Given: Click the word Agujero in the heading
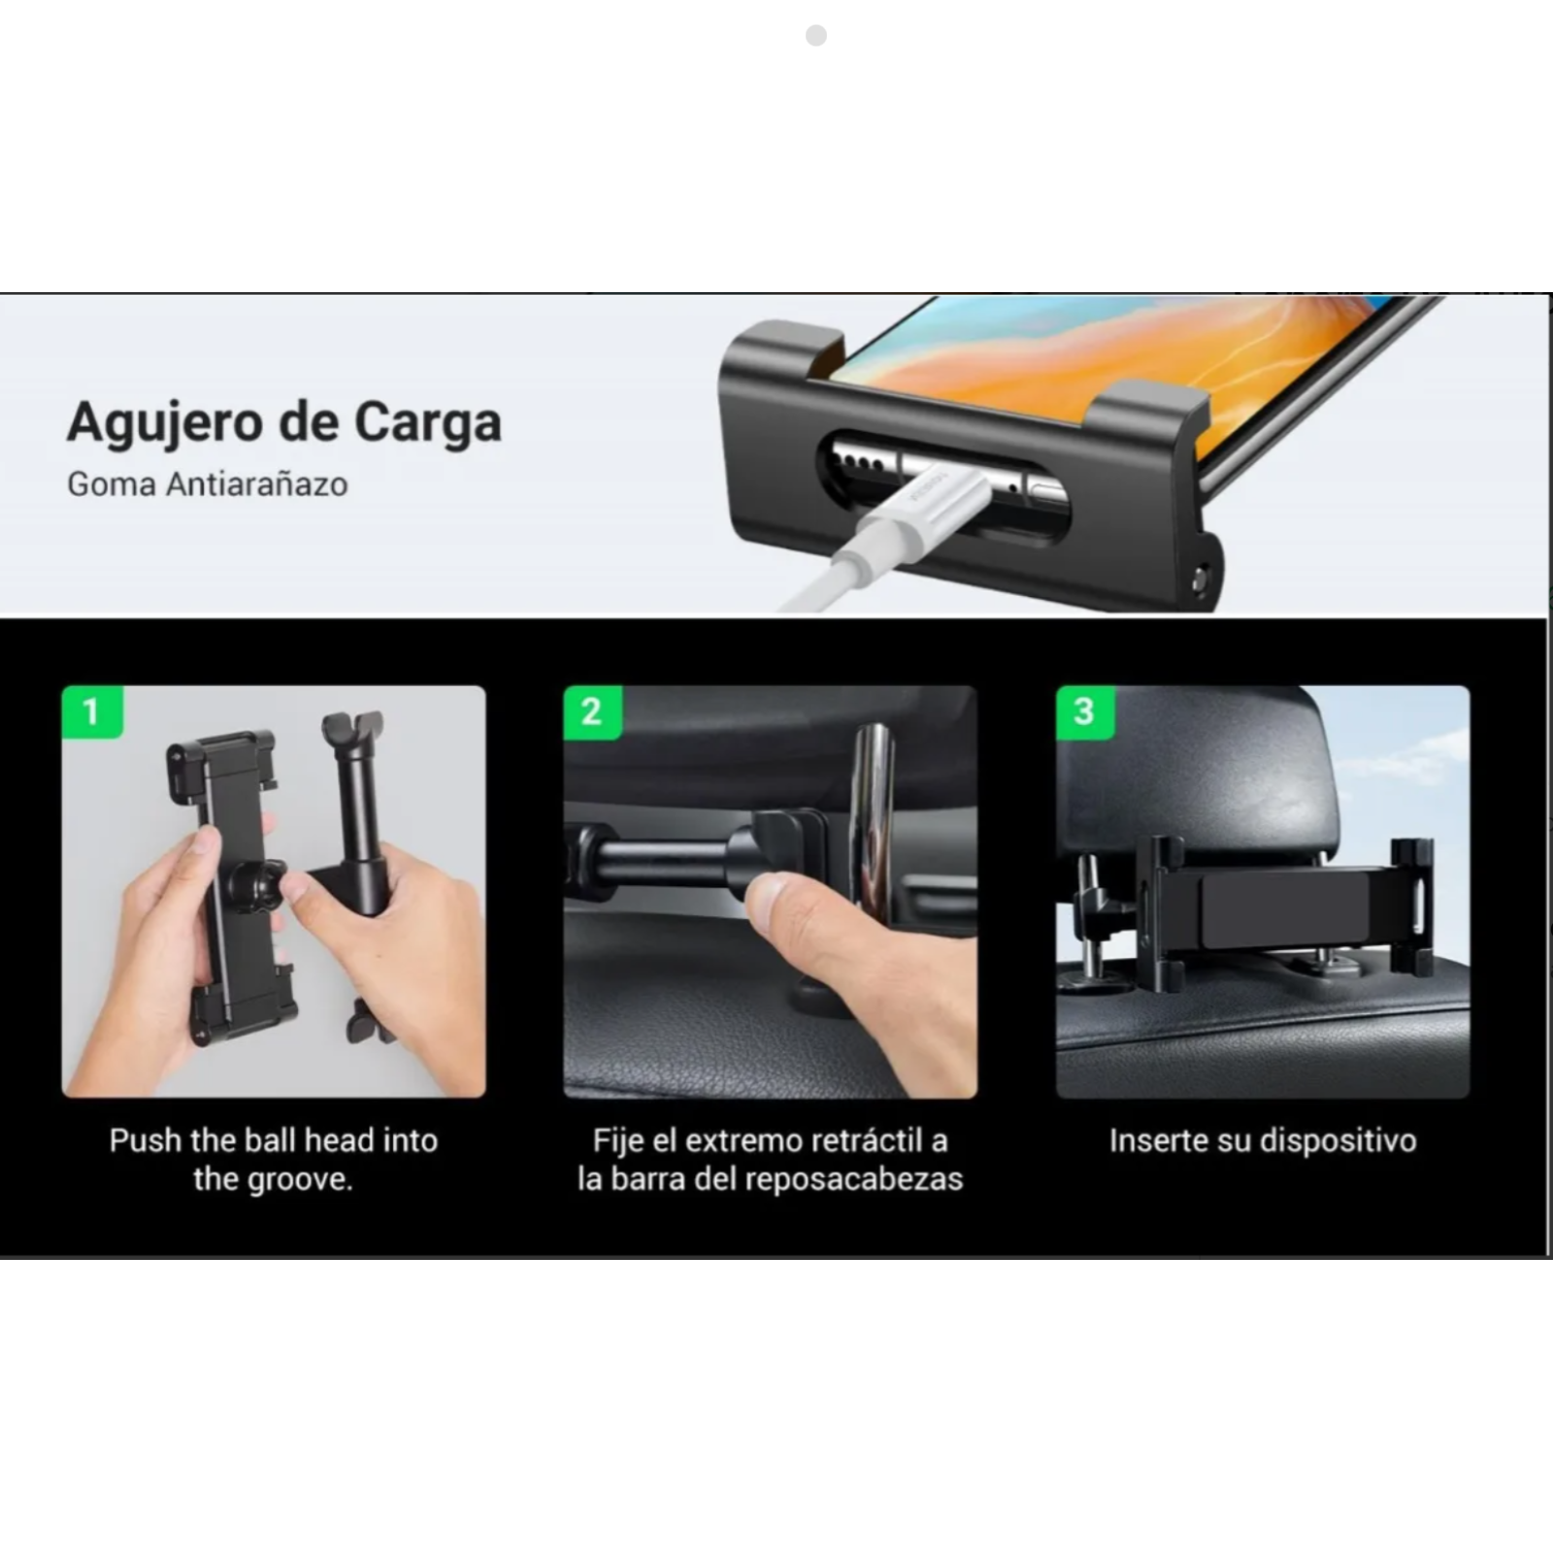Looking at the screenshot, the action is click(166, 424).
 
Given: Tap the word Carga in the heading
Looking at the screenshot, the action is click(427, 422).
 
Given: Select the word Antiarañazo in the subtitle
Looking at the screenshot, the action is click(256, 483).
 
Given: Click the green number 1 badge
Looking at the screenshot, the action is click(92, 711).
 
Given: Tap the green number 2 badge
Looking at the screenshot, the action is click(592, 712).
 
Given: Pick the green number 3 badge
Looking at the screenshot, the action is click(1085, 712).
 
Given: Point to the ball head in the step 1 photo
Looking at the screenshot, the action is click(254, 886).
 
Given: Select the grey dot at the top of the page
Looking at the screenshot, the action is click(816, 36).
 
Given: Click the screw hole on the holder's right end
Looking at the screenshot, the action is click(1202, 580).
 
